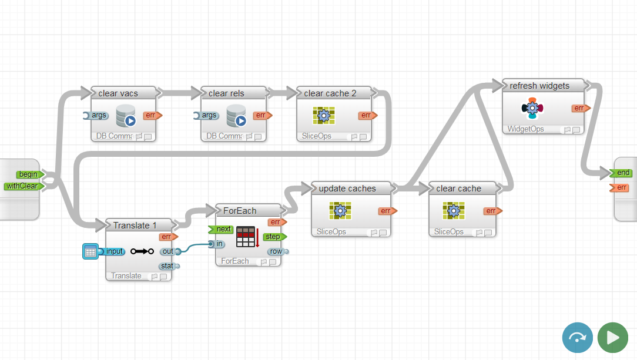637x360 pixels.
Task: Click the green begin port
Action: click(x=28, y=174)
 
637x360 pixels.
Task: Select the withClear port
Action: click(x=22, y=186)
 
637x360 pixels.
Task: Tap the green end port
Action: click(x=622, y=173)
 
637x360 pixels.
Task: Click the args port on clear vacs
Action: click(x=98, y=115)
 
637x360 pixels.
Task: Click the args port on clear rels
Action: click(x=208, y=115)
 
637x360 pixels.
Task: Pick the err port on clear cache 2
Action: click(x=367, y=115)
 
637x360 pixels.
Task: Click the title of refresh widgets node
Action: click(x=539, y=86)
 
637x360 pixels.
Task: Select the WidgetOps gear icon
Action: click(x=532, y=108)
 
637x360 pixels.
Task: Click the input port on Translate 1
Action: click(x=114, y=251)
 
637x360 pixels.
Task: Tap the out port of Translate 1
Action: click(x=167, y=251)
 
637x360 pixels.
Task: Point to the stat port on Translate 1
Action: click(x=167, y=266)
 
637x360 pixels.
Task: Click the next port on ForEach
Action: click(x=222, y=229)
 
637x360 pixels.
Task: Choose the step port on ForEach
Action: click(x=273, y=237)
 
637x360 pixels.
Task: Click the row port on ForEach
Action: click(x=276, y=251)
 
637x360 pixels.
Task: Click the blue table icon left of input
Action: click(x=90, y=252)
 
